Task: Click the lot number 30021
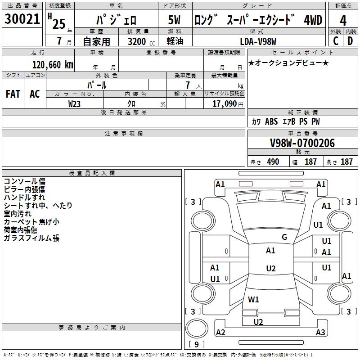[22, 19]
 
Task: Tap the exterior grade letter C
[335, 41]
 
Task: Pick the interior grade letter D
[350, 41]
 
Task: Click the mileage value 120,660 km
[53, 65]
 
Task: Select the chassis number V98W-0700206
[302, 144]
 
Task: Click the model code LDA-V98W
[258, 41]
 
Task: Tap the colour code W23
[75, 103]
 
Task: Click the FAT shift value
[13, 94]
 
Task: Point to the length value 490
[273, 162]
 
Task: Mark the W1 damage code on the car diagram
[254, 299]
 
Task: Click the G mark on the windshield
[284, 237]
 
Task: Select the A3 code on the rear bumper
[320, 333]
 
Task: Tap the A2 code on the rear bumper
[220, 333]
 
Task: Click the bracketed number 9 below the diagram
[197, 344]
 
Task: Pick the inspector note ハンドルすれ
[24, 197]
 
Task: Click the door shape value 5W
[175, 20]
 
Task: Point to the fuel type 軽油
[175, 41]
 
